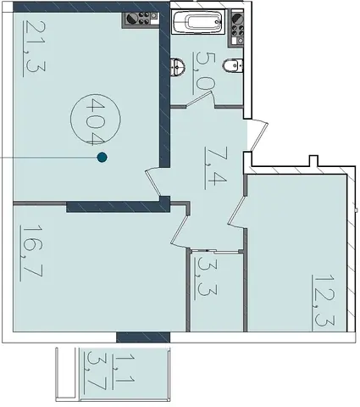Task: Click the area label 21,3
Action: point(35,49)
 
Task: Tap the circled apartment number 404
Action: point(95,120)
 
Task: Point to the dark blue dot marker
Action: point(102,157)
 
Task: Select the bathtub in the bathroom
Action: point(197,22)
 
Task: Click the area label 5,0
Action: point(204,73)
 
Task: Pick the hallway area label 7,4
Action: point(215,168)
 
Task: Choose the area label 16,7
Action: point(31,253)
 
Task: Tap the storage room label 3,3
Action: point(206,278)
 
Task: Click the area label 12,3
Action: point(324,302)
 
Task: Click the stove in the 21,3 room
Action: point(141,20)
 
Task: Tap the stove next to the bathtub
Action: point(236,27)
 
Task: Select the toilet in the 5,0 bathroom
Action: point(233,66)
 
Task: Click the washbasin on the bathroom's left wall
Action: point(178,67)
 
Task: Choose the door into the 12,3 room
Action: point(237,212)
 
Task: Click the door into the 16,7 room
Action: point(180,227)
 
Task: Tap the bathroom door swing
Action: point(200,99)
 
